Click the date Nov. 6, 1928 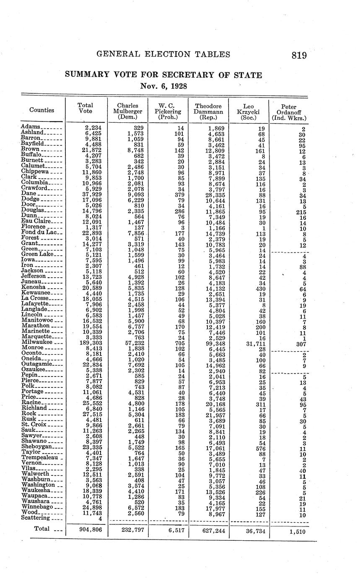pos(163,87)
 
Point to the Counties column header pos(41,110)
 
